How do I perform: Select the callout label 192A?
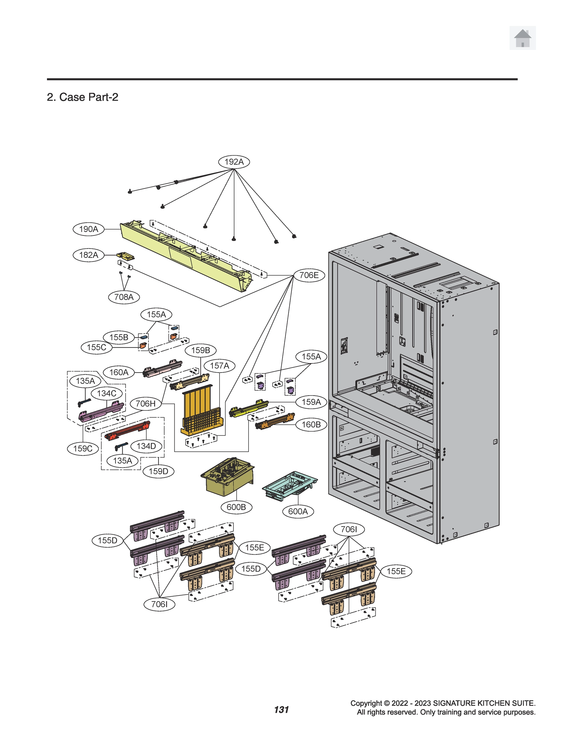[234, 162]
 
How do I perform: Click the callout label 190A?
[89, 229]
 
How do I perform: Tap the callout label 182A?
[89, 255]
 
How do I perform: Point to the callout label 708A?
[124, 297]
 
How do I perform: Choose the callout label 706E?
[309, 275]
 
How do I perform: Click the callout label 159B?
[200, 350]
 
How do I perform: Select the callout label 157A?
[220, 366]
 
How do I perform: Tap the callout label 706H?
[145, 404]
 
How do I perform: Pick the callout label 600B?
[236, 507]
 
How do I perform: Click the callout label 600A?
[298, 511]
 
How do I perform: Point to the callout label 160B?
[311, 425]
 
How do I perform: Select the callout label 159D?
[158, 471]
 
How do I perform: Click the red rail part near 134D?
[127, 431]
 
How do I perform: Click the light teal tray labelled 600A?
[289, 484]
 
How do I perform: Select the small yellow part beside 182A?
[125, 256]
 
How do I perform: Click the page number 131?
[281, 710]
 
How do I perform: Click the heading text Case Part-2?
[82, 97]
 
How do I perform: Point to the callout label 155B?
[119, 337]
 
